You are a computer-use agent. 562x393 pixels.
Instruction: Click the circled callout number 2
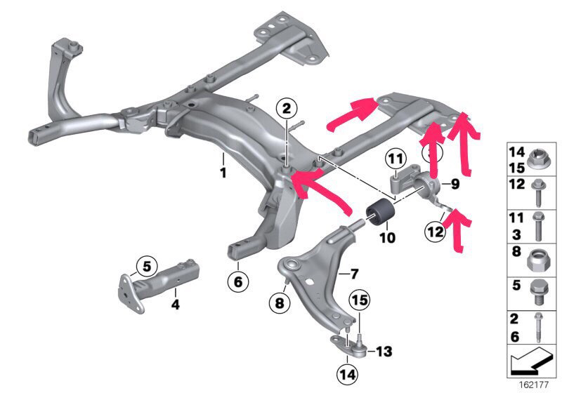286,109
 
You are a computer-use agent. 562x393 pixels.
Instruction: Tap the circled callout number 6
237,282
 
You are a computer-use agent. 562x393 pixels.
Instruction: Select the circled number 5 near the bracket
145,266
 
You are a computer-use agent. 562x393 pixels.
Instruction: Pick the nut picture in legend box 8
537,260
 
